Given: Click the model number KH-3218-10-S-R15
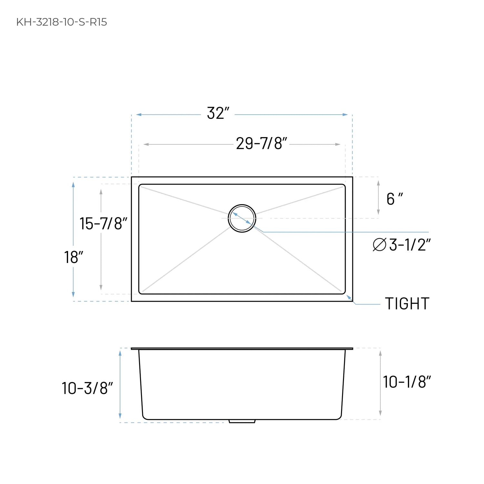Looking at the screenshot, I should (x=62, y=22).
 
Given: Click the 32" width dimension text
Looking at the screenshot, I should (x=218, y=114).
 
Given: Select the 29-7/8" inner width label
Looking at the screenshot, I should (x=261, y=144).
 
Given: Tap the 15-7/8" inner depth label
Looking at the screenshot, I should (x=103, y=224).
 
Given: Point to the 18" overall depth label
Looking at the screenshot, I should (x=74, y=257).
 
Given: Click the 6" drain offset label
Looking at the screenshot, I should (x=394, y=199).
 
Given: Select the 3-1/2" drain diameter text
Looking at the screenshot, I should (x=409, y=245).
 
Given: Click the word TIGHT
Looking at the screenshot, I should (x=407, y=304).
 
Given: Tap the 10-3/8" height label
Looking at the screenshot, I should (x=87, y=388).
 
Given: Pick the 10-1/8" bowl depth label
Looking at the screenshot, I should (x=407, y=382).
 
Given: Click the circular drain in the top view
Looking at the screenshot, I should (x=242, y=218).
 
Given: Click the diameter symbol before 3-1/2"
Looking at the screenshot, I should (x=379, y=245).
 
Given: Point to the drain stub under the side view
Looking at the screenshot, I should (x=242, y=421).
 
